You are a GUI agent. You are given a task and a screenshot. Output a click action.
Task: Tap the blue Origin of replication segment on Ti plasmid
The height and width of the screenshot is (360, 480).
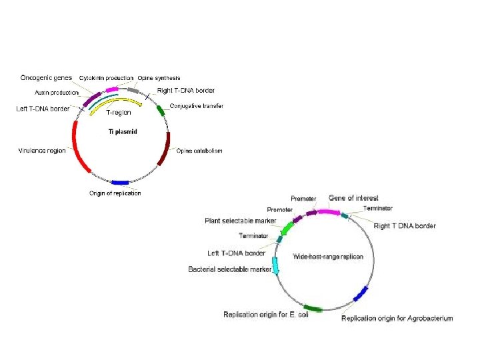(121, 182)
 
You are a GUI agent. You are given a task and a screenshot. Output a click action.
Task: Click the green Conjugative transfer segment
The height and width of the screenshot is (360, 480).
(161, 110)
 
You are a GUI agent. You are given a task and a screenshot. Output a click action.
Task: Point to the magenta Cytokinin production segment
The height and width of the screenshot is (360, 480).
(112, 89)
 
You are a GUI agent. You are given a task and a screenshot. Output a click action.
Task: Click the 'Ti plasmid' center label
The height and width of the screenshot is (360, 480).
(123, 131)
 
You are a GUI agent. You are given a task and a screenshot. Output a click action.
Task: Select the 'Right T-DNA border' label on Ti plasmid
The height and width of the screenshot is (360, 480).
(185, 91)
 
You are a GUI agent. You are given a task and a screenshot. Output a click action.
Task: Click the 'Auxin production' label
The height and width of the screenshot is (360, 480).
(56, 93)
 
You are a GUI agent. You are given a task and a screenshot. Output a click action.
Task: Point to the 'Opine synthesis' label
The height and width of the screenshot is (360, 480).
(159, 78)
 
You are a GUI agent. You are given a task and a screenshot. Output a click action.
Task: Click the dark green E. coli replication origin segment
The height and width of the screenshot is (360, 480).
(313, 309)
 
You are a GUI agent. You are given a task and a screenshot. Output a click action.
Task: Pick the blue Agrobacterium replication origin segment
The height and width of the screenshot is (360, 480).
(361, 293)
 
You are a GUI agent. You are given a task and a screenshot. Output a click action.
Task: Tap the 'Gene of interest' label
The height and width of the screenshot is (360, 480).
(353, 198)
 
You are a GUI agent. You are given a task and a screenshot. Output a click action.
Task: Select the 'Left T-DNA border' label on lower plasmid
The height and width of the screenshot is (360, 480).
(236, 253)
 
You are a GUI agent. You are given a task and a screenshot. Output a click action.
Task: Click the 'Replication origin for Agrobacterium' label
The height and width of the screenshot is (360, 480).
(397, 318)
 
